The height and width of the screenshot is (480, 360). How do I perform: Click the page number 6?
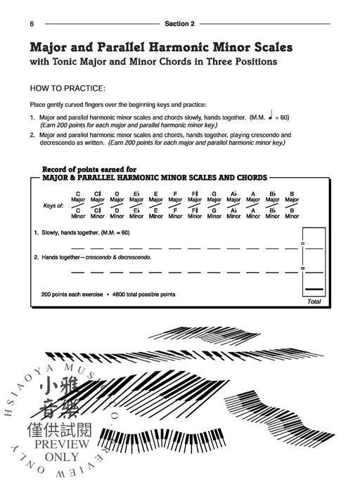tap(32, 24)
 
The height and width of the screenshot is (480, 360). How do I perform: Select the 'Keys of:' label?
tap(54, 205)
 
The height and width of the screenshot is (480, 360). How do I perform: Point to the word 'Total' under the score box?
tap(314, 301)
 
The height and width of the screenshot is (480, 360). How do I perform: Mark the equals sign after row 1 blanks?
tap(302, 243)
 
